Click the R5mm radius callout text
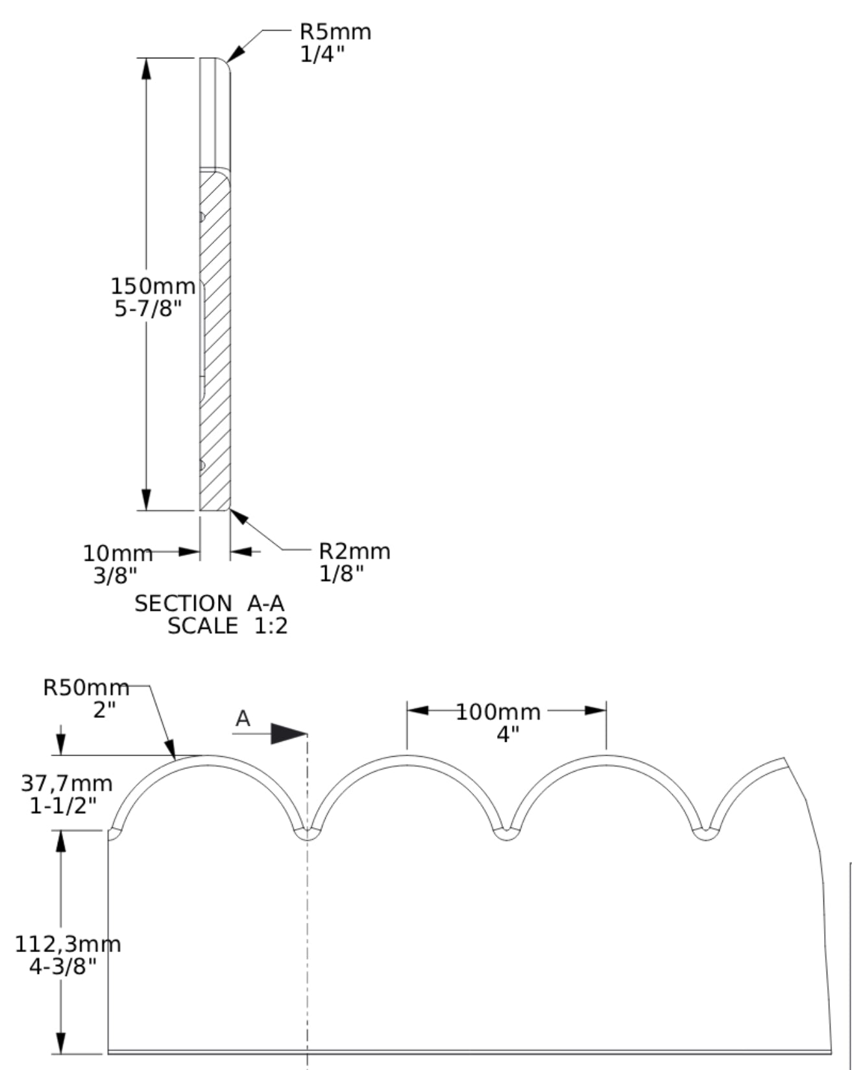[x=335, y=31]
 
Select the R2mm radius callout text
[x=355, y=551]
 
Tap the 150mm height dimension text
[x=153, y=285]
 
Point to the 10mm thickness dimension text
[x=117, y=553]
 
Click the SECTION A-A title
[x=210, y=604]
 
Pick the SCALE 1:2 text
[x=228, y=626]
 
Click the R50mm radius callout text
[x=86, y=687]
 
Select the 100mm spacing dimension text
[x=498, y=712]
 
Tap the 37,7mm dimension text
[x=67, y=783]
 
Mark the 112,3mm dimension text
[x=68, y=944]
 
